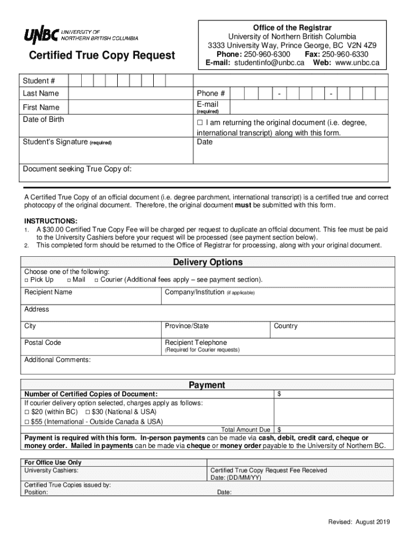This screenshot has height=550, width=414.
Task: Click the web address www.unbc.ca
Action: pyautogui.click(x=358, y=63)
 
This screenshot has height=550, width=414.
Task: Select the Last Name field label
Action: pyautogui.click(x=41, y=93)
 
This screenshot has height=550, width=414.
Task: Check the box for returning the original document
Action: pyautogui.click(x=200, y=123)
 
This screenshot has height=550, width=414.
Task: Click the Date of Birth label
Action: pyautogui.click(x=43, y=119)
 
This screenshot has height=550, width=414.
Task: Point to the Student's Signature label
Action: pyautogui.click(x=55, y=142)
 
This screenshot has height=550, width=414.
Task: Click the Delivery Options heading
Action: pyautogui.click(x=208, y=262)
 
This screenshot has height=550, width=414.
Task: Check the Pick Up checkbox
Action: pyautogui.click(x=26, y=280)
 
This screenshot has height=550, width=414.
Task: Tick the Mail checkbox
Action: pyautogui.click(x=68, y=280)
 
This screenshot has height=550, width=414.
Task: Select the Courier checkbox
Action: pyautogui.click(x=96, y=280)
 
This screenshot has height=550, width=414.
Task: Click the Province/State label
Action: pyautogui.click(x=187, y=326)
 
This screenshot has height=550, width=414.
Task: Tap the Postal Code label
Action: pyautogui.click(x=42, y=343)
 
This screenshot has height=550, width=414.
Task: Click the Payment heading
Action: pyautogui.click(x=206, y=385)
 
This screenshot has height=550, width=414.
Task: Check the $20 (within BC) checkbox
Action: pyautogui.click(x=27, y=412)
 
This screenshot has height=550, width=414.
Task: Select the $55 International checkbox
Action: pyautogui.click(x=27, y=422)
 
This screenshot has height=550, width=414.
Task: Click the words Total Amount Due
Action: pyautogui.click(x=246, y=430)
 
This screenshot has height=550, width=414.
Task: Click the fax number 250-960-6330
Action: pyautogui.click(x=345, y=55)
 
